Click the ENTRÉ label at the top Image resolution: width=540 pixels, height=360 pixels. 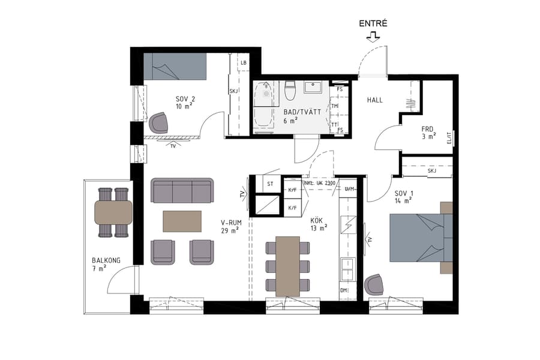pyautogui.click(x=373, y=24)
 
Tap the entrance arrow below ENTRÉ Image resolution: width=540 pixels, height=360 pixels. pyautogui.click(x=373, y=38)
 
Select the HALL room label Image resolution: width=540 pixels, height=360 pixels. pyautogui.click(x=374, y=100)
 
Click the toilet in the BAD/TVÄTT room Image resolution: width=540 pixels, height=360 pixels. pyautogui.click(x=290, y=91)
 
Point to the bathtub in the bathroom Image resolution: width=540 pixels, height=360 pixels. pyautogui.click(x=263, y=106)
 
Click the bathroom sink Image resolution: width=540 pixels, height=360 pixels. pyautogui.click(x=313, y=88)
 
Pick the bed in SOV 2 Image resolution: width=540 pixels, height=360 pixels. pyautogui.click(x=175, y=66)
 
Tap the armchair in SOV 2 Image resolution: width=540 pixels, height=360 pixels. pyautogui.click(x=160, y=123)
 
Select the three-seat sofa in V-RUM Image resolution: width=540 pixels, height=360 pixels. pyautogui.click(x=182, y=190)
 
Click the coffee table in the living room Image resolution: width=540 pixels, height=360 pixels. pyautogui.click(x=182, y=221)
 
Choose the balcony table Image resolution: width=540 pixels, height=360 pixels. pyautogui.click(x=113, y=212)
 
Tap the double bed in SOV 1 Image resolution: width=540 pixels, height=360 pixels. pyautogui.click(x=420, y=238)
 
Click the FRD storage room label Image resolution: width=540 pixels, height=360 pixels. pyautogui.click(x=427, y=128)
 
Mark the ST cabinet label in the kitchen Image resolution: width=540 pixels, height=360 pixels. pyautogui.click(x=270, y=184)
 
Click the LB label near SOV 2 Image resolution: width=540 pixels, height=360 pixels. pyautogui.click(x=244, y=63)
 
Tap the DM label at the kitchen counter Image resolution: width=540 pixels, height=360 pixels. pyautogui.click(x=344, y=290)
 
